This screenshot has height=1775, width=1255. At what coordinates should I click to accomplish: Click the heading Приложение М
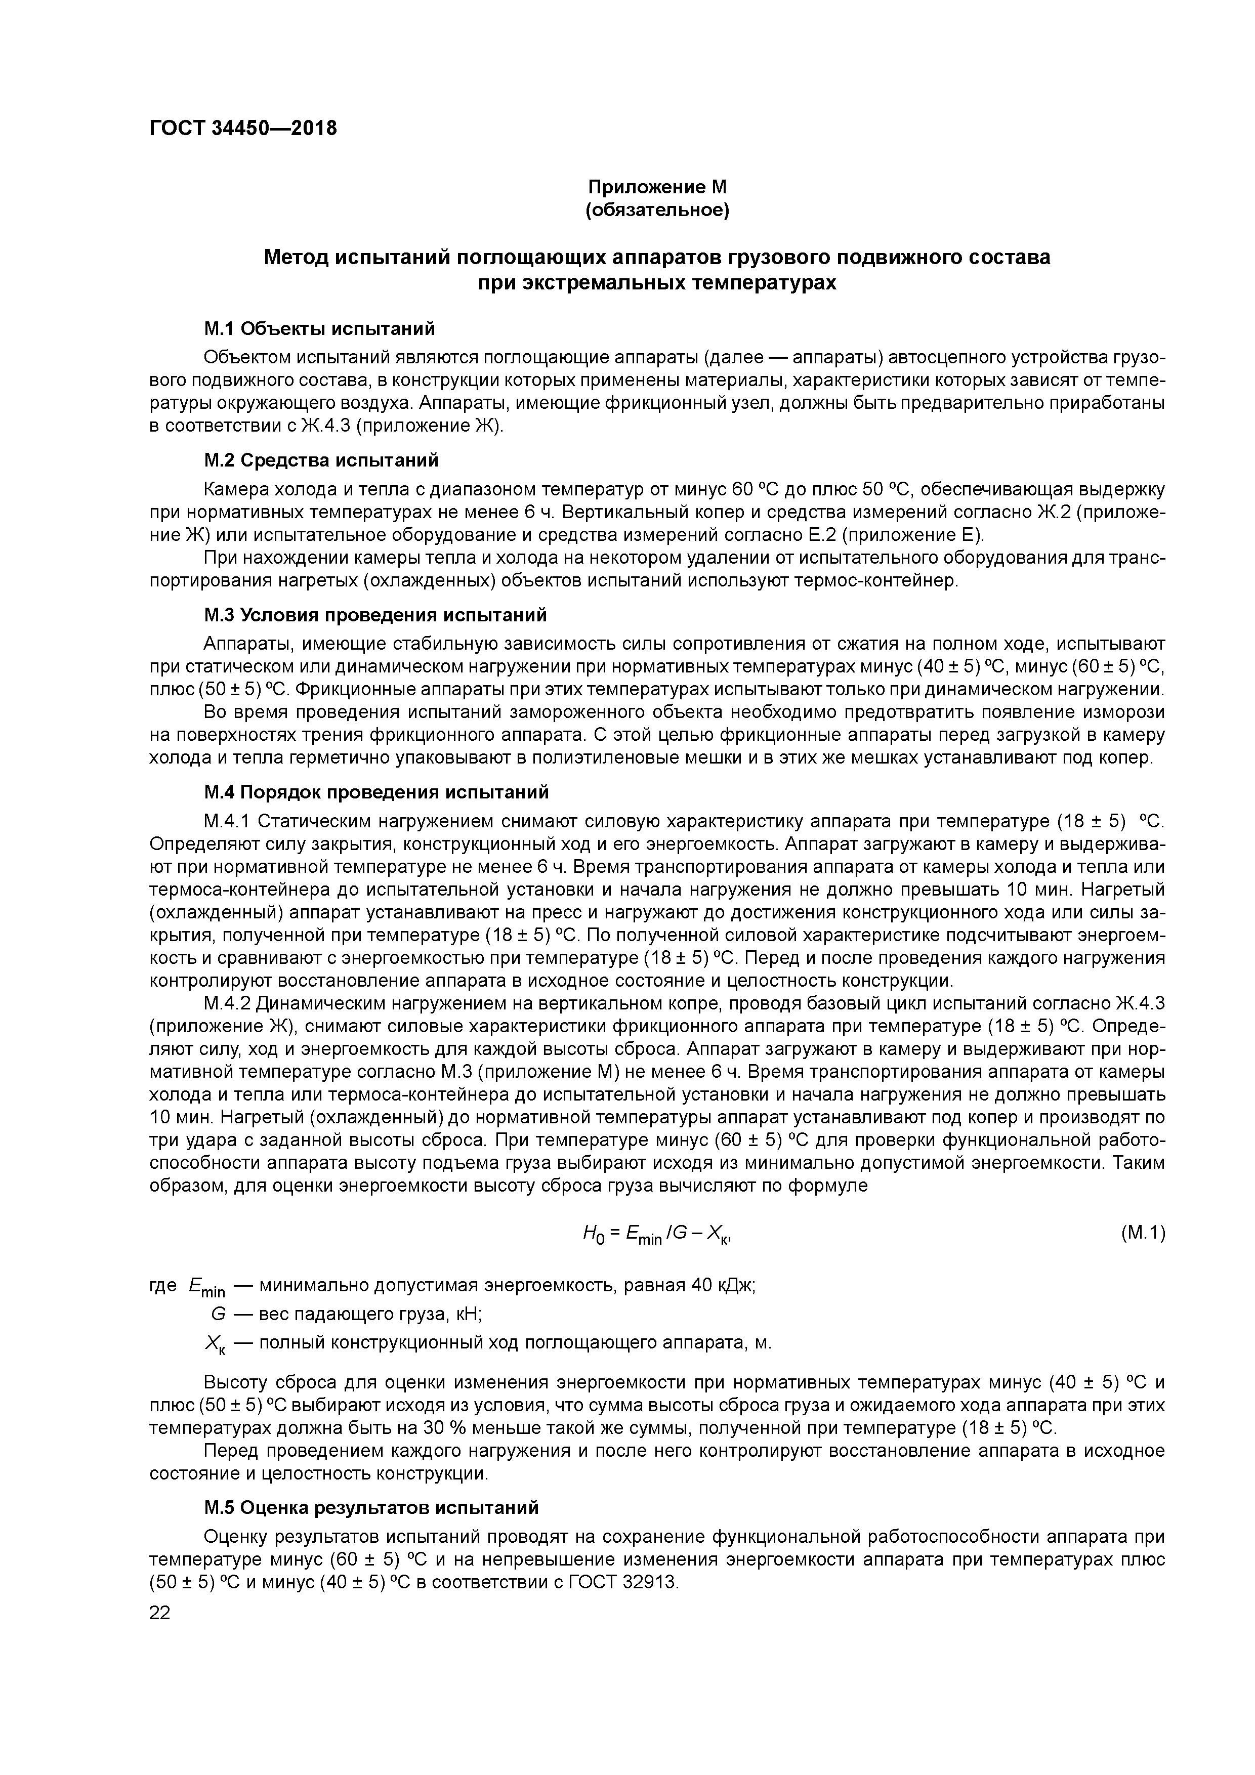tap(657, 187)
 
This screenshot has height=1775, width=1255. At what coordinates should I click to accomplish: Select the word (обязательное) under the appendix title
tap(657, 210)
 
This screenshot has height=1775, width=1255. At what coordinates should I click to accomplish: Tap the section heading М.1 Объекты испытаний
tap(319, 328)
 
